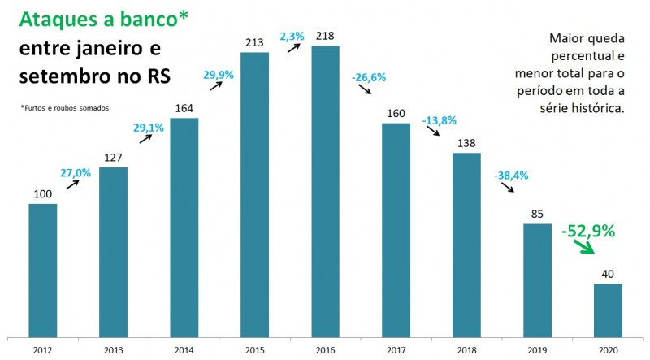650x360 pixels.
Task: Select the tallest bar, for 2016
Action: pyautogui.click(x=325, y=190)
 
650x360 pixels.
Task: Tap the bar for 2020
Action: pyautogui.click(x=608, y=309)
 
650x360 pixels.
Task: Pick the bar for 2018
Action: pyautogui.click(x=466, y=244)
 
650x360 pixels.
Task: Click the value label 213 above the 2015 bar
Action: pyautogui.click(x=254, y=41)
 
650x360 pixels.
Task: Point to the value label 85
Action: pyautogui.click(x=536, y=214)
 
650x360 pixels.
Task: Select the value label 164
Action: pyautogui.click(x=184, y=108)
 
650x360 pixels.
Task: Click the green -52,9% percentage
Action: pyautogui.click(x=588, y=232)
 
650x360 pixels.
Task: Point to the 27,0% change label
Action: pyautogui.click(x=75, y=172)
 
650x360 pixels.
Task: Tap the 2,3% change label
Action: pyautogui.click(x=292, y=37)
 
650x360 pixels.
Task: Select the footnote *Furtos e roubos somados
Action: pyautogui.click(x=64, y=108)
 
